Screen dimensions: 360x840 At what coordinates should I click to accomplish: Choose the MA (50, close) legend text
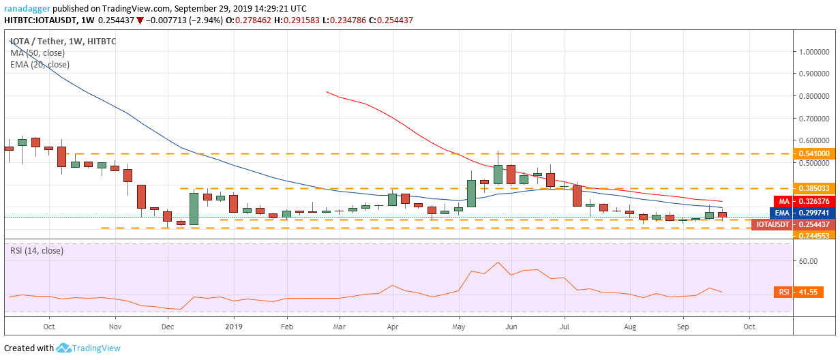coord(39,53)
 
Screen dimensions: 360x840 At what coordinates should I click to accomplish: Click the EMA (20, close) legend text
coord(40,65)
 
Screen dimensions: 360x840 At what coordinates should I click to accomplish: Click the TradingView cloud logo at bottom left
coord(64,348)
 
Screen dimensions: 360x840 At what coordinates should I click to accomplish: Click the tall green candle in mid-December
coord(194,208)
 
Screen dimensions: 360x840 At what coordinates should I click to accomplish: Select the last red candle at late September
coord(722,215)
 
